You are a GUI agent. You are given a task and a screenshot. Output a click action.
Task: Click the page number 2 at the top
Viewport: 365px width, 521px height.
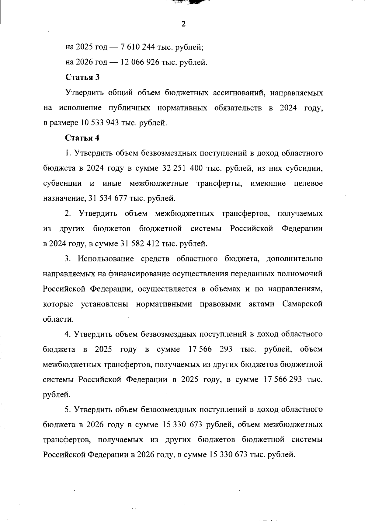(x=183, y=24)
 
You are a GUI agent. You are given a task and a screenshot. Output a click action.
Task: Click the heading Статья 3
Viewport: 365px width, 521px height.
(x=82, y=77)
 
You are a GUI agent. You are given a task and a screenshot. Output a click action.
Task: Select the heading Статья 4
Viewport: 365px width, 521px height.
(x=82, y=138)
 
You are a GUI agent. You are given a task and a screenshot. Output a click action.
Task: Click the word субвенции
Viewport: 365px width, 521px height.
(x=62, y=184)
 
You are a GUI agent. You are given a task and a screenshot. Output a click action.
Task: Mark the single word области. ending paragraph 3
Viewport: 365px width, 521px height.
(x=58, y=319)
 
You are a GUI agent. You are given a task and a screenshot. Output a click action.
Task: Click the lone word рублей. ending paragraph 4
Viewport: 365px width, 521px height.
(x=57, y=395)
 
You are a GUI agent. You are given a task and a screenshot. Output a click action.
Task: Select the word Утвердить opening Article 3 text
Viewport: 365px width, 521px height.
(x=84, y=93)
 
